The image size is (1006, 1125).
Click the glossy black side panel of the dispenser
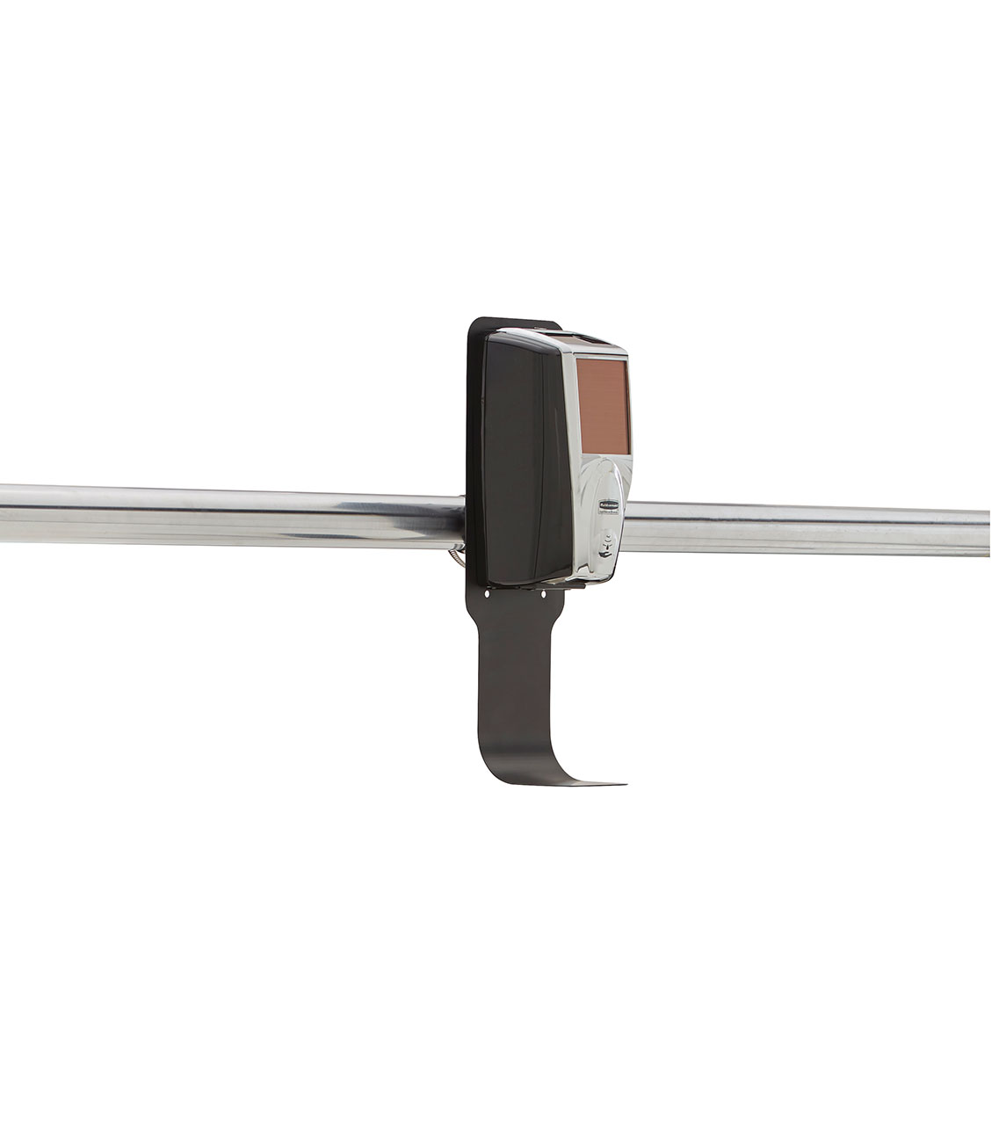tap(525, 457)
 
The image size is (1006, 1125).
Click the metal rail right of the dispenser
tap(808, 528)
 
